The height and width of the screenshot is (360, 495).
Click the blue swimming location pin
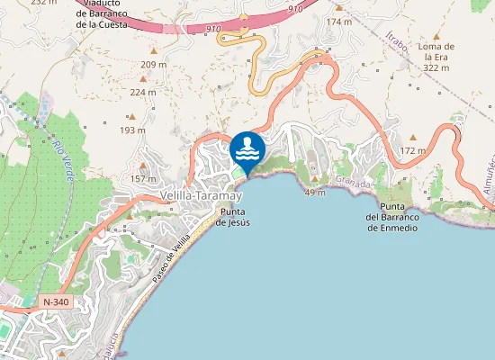tap(247, 148)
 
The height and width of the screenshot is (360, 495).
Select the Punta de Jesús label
tap(231, 217)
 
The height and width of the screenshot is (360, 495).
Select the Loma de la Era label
tap(437, 56)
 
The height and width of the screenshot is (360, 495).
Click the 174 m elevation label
tap(339, 22)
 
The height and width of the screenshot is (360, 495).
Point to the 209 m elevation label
tap(154, 65)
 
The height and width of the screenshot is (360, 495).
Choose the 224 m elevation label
tap(142, 92)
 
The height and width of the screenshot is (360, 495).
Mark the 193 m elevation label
tap(132, 130)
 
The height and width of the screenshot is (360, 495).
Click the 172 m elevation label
tap(412, 151)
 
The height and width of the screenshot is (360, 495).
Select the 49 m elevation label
tap(315, 193)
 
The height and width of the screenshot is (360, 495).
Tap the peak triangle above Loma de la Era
tap(437, 35)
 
